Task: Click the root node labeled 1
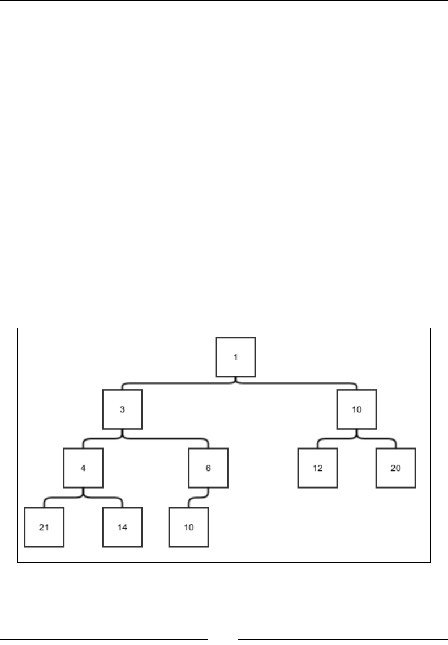click(236, 357)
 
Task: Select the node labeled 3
click(122, 409)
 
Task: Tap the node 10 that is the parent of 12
click(357, 409)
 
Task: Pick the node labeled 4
click(83, 468)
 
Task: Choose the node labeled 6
click(208, 468)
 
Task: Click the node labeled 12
click(318, 468)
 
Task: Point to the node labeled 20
click(396, 468)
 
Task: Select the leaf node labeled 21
click(44, 527)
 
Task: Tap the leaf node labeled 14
click(122, 527)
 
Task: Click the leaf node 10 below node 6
click(189, 527)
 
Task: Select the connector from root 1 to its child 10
click(300, 383)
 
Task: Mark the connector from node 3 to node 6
click(170, 439)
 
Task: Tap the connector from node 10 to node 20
click(379, 439)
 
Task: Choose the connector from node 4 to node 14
click(105, 498)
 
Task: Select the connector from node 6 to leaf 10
click(198, 498)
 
